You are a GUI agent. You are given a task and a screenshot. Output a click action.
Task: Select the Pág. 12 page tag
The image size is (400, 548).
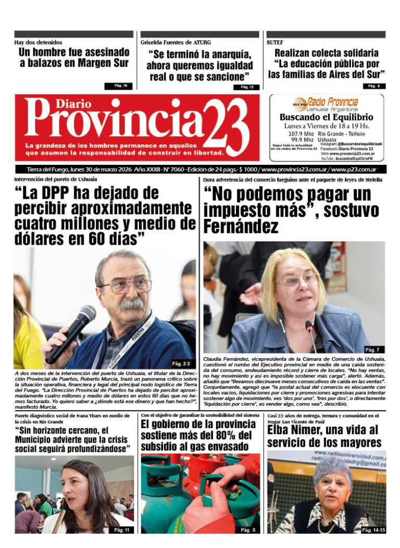coord(247,87)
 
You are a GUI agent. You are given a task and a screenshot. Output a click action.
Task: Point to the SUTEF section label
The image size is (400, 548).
coord(274,42)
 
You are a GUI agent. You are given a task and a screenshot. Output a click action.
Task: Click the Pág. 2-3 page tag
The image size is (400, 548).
coord(182,363)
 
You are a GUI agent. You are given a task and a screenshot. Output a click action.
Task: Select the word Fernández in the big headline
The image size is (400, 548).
coord(241,227)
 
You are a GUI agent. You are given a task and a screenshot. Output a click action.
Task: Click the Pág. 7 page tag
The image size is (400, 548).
coord(373,349)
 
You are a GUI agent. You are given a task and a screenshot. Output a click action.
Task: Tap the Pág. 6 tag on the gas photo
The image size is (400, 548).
coord(247,530)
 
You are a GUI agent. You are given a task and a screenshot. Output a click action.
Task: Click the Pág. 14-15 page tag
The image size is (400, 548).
coord(373,530)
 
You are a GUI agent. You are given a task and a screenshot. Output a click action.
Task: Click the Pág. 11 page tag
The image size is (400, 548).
coord(121,530)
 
